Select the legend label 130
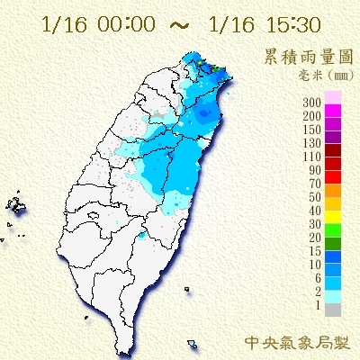314,143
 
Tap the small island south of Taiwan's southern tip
193,344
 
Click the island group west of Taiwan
15,208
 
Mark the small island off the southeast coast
186,289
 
